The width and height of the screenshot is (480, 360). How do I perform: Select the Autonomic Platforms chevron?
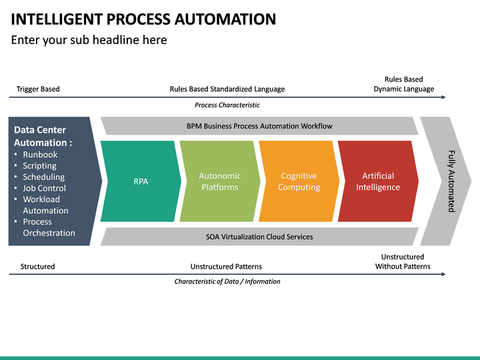click(x=219, y=181)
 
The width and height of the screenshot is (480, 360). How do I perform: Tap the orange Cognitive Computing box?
click(x=299, y=181)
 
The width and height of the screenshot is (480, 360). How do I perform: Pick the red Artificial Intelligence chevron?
click(x=377, y=181)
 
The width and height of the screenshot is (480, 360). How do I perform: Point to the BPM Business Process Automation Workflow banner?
click(x=259, y=126)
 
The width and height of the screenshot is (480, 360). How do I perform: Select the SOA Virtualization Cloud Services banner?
click(x=259, y=237)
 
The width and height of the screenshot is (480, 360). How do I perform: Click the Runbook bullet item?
click(x=40, y=155)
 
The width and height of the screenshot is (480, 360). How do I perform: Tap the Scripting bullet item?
click(x=39, y=166)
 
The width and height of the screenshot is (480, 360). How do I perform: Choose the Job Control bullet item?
click(x=44, y=188)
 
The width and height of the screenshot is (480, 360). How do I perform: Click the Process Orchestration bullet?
click(x=48, y=227)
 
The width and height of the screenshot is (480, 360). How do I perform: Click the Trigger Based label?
click(x=38, y=89)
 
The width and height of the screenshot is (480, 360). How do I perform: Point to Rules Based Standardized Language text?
click(x=227, y=89)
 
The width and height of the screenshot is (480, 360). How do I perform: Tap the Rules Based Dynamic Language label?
click(x=403, y=84)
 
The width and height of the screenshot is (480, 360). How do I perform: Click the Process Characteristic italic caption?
click(x=227, y=105)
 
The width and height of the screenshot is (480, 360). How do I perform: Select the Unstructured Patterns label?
click(x=226, y=267)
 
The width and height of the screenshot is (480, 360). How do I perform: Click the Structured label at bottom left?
click(x=37, y=267)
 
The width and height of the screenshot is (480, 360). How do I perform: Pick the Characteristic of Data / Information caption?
click(x=227, y=281)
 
